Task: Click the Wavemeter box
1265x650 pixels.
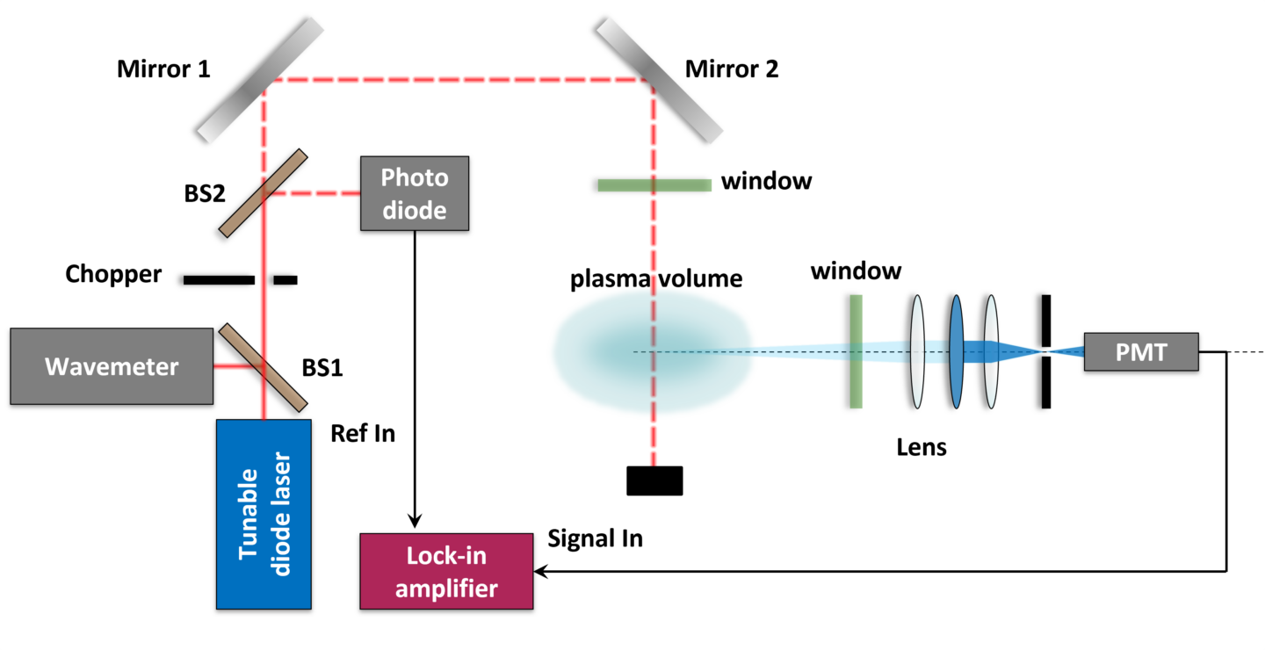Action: [x=112, y=366]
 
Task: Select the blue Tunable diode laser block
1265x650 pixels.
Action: [x=264, y=514]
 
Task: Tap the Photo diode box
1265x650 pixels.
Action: [x=415, y=193]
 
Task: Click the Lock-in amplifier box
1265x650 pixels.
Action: [x=446, y=571]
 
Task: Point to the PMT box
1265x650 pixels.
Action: [x=1140, y=352]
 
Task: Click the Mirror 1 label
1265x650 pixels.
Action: [x=163, y=69]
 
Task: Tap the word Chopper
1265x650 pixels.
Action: [x=113, y=274]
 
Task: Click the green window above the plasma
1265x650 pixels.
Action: [x=654, y=184]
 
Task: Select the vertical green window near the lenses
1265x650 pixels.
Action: [x=856, y=351]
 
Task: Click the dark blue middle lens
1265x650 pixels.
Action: [x=957, y=351]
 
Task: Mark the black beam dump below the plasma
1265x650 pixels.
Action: [x=654, y=480]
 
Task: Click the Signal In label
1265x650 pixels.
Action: [x=595, y=538]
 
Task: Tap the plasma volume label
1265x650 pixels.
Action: [x=656, y=279]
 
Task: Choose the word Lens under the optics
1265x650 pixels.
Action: [x=922, y=447]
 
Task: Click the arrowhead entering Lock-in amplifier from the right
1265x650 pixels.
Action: [x=541, y=571]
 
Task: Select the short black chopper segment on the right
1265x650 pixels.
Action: [x=285, y=280]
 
